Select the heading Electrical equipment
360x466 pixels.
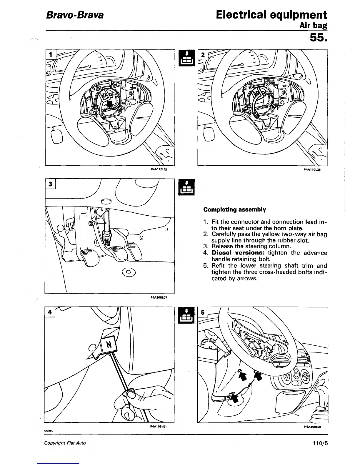(x=271, y=15)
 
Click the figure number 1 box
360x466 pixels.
(x=51, y=54)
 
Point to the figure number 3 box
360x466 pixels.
(x=50, y=184)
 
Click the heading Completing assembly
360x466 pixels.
(x=234, y=210)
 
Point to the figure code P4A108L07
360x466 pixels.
(x=159, y=297)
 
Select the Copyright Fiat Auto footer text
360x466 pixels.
(x=65, y=443)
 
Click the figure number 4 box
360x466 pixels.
(x=50, y=312)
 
